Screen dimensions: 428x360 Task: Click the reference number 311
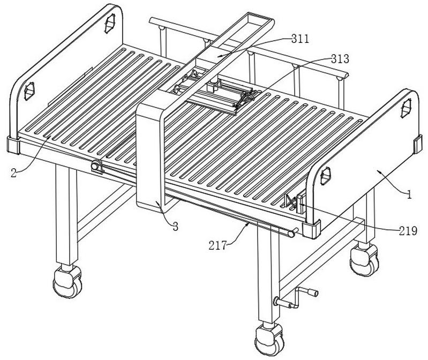[300, 39]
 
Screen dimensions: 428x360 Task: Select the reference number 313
[340, 59]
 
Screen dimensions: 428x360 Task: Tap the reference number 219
[408, 231]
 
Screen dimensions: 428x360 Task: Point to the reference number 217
[218, 246]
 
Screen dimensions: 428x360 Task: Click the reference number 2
[13, 173]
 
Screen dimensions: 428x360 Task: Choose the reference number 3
[175, 226]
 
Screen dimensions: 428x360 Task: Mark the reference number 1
[409, 194]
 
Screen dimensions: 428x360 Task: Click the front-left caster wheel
[67, 282]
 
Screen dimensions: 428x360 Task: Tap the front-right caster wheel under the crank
[269, 340]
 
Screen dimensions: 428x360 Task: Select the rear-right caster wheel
[364, 260]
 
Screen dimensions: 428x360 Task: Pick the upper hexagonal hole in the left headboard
[110, 23]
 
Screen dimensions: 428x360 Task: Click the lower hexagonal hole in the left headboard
[29, 91]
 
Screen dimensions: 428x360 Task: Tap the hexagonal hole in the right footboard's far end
[407, 108]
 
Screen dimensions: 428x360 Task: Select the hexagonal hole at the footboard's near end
[326, 176]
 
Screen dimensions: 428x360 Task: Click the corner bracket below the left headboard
[13, 146]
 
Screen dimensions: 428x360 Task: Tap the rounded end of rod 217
[292, 234]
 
